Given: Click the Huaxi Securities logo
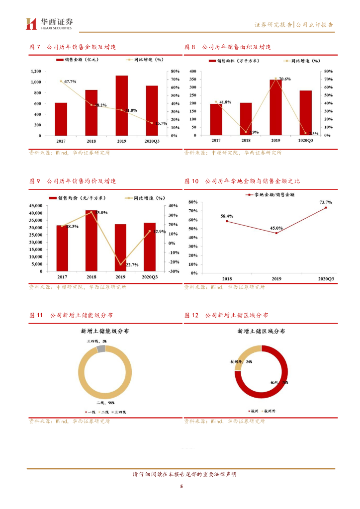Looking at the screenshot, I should click(x=50, y=23).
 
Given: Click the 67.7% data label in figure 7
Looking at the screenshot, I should click(x=70, y=81).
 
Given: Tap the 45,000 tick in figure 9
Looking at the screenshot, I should click(x=35, y=206).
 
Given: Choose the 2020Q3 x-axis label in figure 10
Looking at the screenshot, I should click(x=326, y=279).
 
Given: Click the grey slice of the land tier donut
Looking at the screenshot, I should click(x=101, y=348).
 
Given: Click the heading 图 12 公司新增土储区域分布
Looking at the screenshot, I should click(x=226, y=315).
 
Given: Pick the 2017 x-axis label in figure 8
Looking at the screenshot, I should click(x=216, y=141).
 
